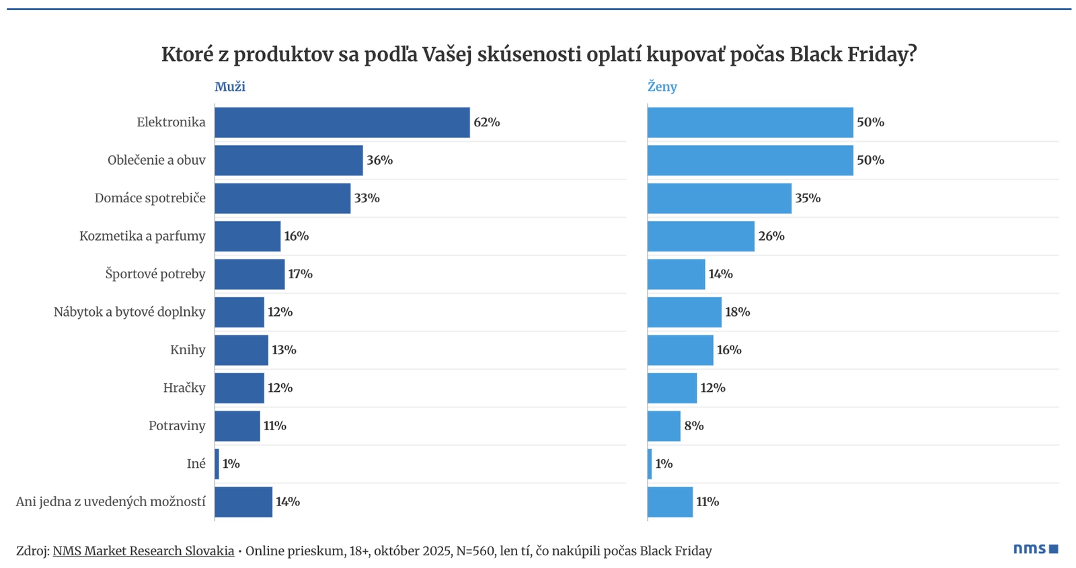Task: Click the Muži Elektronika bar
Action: pyautogui.click(x=342, y=122)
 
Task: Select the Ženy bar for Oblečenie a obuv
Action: pyautogui.click(x=750, y=160)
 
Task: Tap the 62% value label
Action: pyautogui.click(x=486, y=122)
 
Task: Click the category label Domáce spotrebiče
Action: pyautogui.click(x=150, y=198)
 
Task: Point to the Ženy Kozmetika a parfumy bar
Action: pyautogui.click(x=701, y=236)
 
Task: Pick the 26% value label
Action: pyautogui.click(x=771, y=236)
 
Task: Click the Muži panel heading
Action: pyautogui.click(x=230, y=87)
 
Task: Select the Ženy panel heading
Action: pyautogui.click(x=662, y=87)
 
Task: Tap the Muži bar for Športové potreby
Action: pyautogui.click(x=249, y=274)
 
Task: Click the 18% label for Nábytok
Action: pyautogui.click(x=737, y=312)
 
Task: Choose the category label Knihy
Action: pyautogui.click(x=188, y=350)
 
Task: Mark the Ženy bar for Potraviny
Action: pyautogui.click(x=664, y=426)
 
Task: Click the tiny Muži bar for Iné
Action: pyautogui.click(x=217, y=464)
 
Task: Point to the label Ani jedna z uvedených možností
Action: pyautogui.click(x=110, y=502)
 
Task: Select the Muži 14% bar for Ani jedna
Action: pyautogui.click(x=243, y=502)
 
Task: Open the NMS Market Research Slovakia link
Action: pyautogui.click(x=143, y=551)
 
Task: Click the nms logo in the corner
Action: pyautogui.click(x=1036, y=549)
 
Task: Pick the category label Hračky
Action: pyautogui.click(x=184, y=388)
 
